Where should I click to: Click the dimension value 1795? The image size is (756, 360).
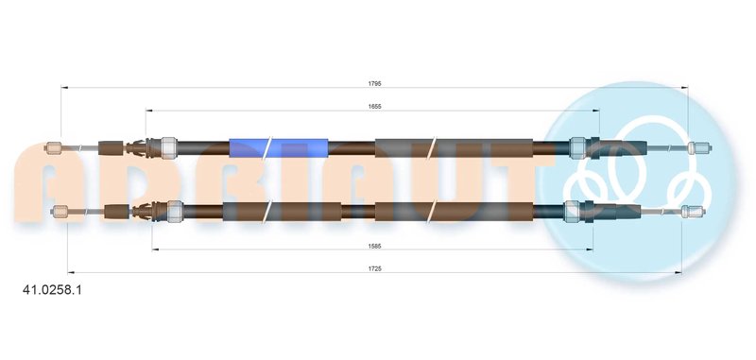[x=374, y=83]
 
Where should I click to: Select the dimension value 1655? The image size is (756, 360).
[x=374, y=107]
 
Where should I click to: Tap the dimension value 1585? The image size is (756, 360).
[x=374, y=246]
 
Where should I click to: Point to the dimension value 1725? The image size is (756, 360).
[x=374, y=268]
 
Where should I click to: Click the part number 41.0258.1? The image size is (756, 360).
[x=52, y=290]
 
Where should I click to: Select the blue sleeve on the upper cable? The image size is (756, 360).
[x=278, y=148]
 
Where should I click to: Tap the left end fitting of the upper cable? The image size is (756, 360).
[x=52, y=148]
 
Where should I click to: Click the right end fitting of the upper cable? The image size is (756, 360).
[x=699, y=148]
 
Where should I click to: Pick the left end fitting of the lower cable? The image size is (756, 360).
[x=60, y=211]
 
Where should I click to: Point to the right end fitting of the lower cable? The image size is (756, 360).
[x=694, y=211]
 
